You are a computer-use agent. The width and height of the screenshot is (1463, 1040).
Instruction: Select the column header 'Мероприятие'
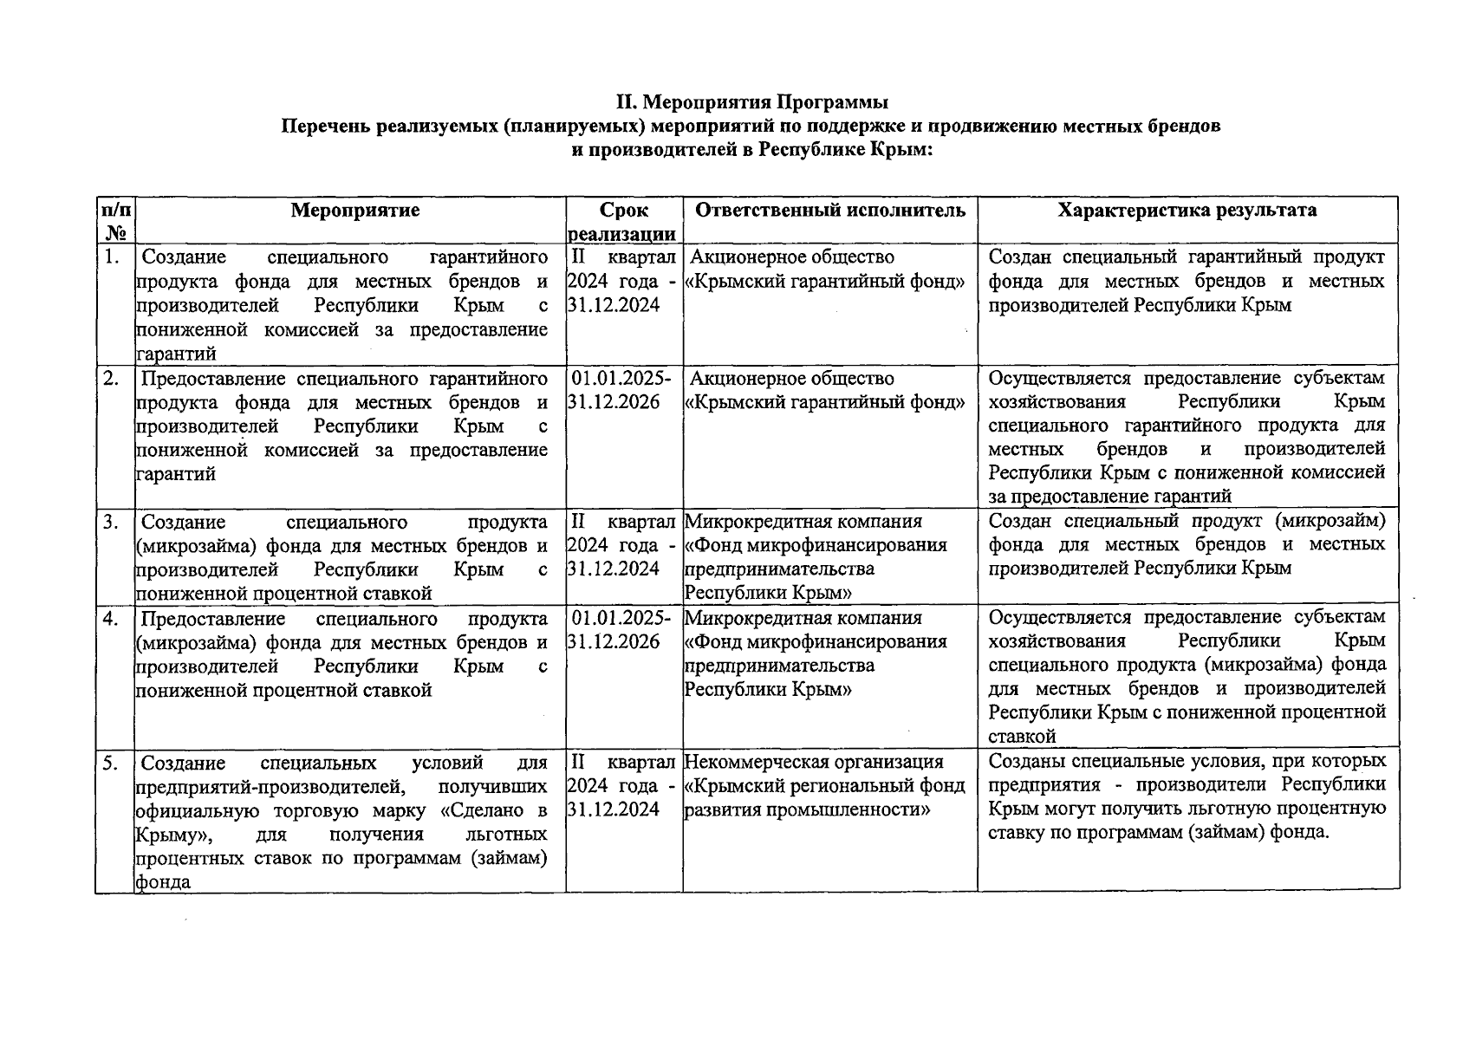tap(354, 211)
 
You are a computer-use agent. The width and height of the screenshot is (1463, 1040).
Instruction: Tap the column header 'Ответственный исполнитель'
tap(830, 211)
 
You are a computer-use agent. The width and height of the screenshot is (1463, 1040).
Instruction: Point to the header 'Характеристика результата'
tap(1187, 211)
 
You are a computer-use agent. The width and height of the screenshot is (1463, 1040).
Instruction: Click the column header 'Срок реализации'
tap(623, 222)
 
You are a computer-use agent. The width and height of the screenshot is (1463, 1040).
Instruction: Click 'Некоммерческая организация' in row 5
tap(814, 763)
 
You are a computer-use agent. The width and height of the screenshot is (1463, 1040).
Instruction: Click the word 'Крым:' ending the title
tap(905, 149)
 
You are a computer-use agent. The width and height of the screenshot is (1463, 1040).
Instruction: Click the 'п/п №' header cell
tap(115, 221)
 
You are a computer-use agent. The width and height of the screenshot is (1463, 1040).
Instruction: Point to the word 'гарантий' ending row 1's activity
tap(176, 354)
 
